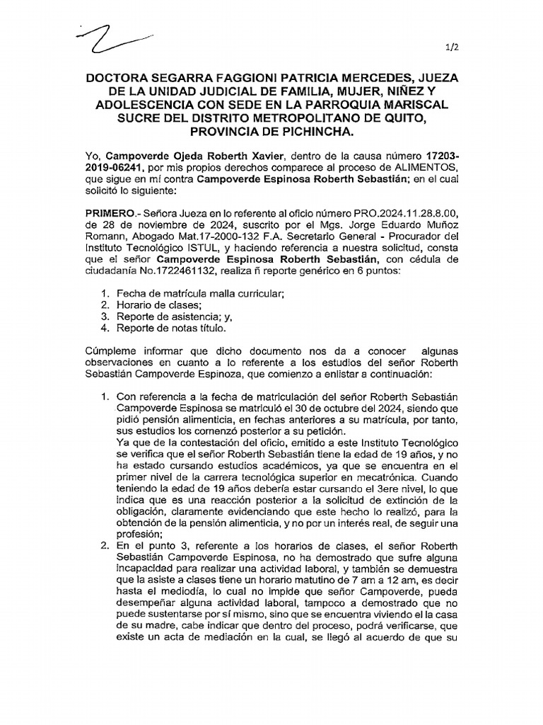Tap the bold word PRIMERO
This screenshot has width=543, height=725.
(x=109, y=212)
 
